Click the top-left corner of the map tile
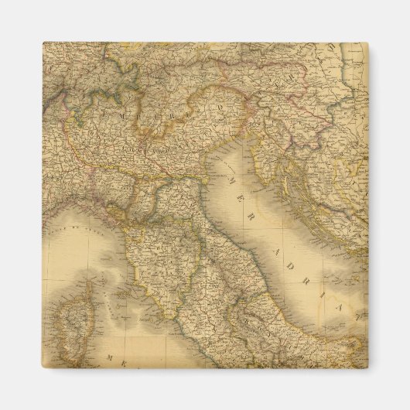pyautogui.click(x=43, y=43)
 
